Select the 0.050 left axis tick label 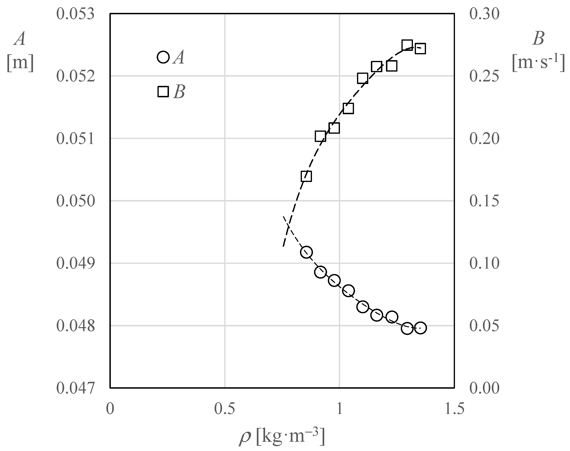[75, 201]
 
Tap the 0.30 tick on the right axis [484, 13]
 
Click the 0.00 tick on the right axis [484, 388]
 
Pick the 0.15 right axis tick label [484, 201]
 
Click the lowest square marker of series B [306, 176]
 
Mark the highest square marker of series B [407, 45]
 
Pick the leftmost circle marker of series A [306, 252]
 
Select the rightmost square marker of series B [420, 49]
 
